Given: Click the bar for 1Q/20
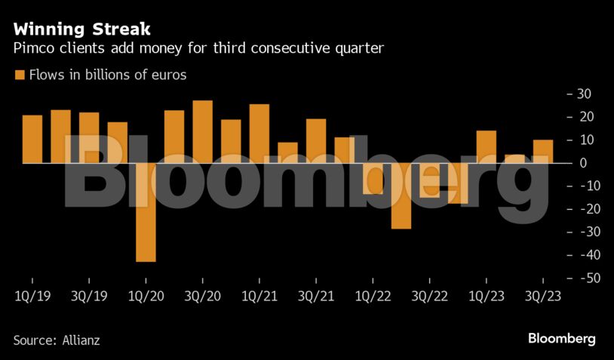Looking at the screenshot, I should click(146, 212).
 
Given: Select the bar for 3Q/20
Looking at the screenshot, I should click(202, 132).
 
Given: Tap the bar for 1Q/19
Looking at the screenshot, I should click(32, 139).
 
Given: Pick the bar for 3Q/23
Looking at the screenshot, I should click(543, 151).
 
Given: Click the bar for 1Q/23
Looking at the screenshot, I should click(487, 146).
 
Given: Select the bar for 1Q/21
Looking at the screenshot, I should click(259, 134).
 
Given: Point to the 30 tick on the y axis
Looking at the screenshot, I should click(584, 94).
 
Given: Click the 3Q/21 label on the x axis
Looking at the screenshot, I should click(315, 297).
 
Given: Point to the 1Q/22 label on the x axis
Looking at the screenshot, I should click(373, 297).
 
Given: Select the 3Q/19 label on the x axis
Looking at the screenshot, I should click(88, 297).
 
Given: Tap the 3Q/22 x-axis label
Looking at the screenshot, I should click(429, 297).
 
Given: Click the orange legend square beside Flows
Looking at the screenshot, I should click(19, 75).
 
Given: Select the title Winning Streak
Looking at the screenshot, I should click(81, 30).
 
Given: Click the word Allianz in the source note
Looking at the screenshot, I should click(79, 340).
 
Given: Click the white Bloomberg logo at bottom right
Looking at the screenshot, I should click(561, 338).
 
